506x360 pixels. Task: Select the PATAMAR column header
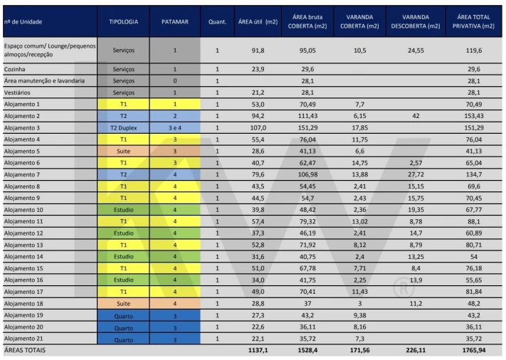point(174,22)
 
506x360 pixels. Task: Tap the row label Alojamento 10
point(24,210)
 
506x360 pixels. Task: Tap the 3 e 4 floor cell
point(174,127)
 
